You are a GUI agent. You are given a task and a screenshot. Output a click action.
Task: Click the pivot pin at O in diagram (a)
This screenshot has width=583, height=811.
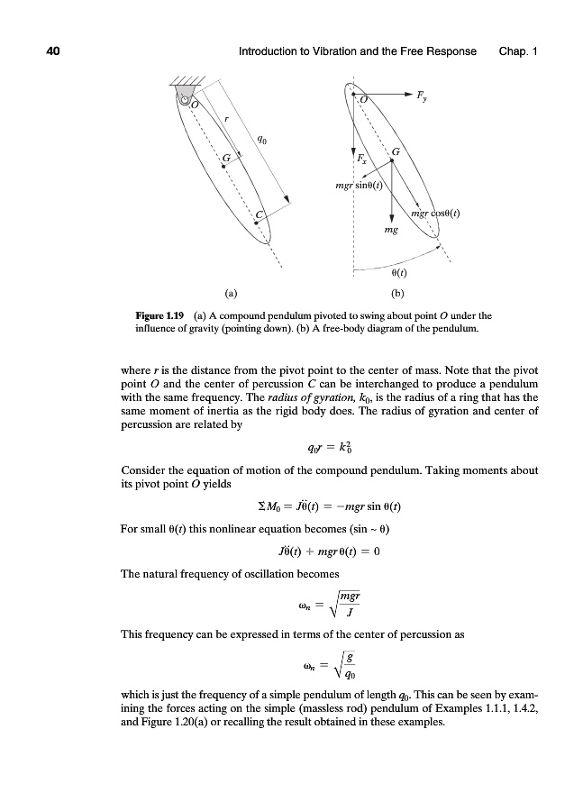(185, 103)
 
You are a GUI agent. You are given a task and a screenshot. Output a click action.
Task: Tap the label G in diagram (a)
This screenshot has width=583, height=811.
(227, 159)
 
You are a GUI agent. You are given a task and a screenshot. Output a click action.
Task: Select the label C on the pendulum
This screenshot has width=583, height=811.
(260, 214)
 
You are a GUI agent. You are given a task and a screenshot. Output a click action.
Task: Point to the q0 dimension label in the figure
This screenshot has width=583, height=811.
(260, 140)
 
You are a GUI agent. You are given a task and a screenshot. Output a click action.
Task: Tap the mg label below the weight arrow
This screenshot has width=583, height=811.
(390, 231)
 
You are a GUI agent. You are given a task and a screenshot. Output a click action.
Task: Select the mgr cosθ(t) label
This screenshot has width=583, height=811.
(435, 214)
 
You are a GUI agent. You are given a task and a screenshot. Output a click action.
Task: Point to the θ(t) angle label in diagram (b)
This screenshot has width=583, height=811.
(399, 272)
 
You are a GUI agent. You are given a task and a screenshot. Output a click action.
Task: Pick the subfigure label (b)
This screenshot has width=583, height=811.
(397, 293)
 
